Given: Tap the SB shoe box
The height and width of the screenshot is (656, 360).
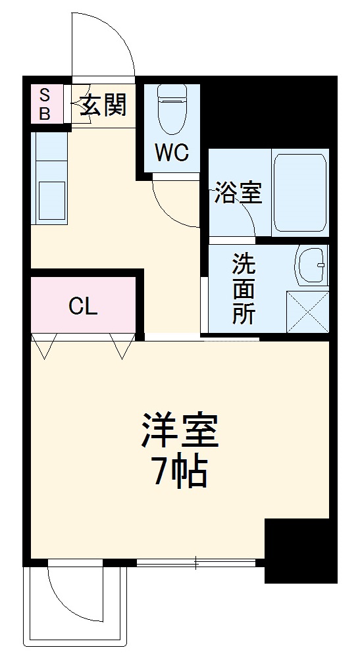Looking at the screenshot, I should pos(45,103).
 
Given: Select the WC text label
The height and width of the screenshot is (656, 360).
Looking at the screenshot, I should pos(172,153).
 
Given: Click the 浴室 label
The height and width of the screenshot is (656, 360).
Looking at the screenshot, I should pos(238,193).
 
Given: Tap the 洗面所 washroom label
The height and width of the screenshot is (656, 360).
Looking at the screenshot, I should pos(243,289).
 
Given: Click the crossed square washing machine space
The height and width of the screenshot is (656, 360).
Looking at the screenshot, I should pos(307,311).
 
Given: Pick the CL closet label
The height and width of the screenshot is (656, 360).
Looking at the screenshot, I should pos(84,306).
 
